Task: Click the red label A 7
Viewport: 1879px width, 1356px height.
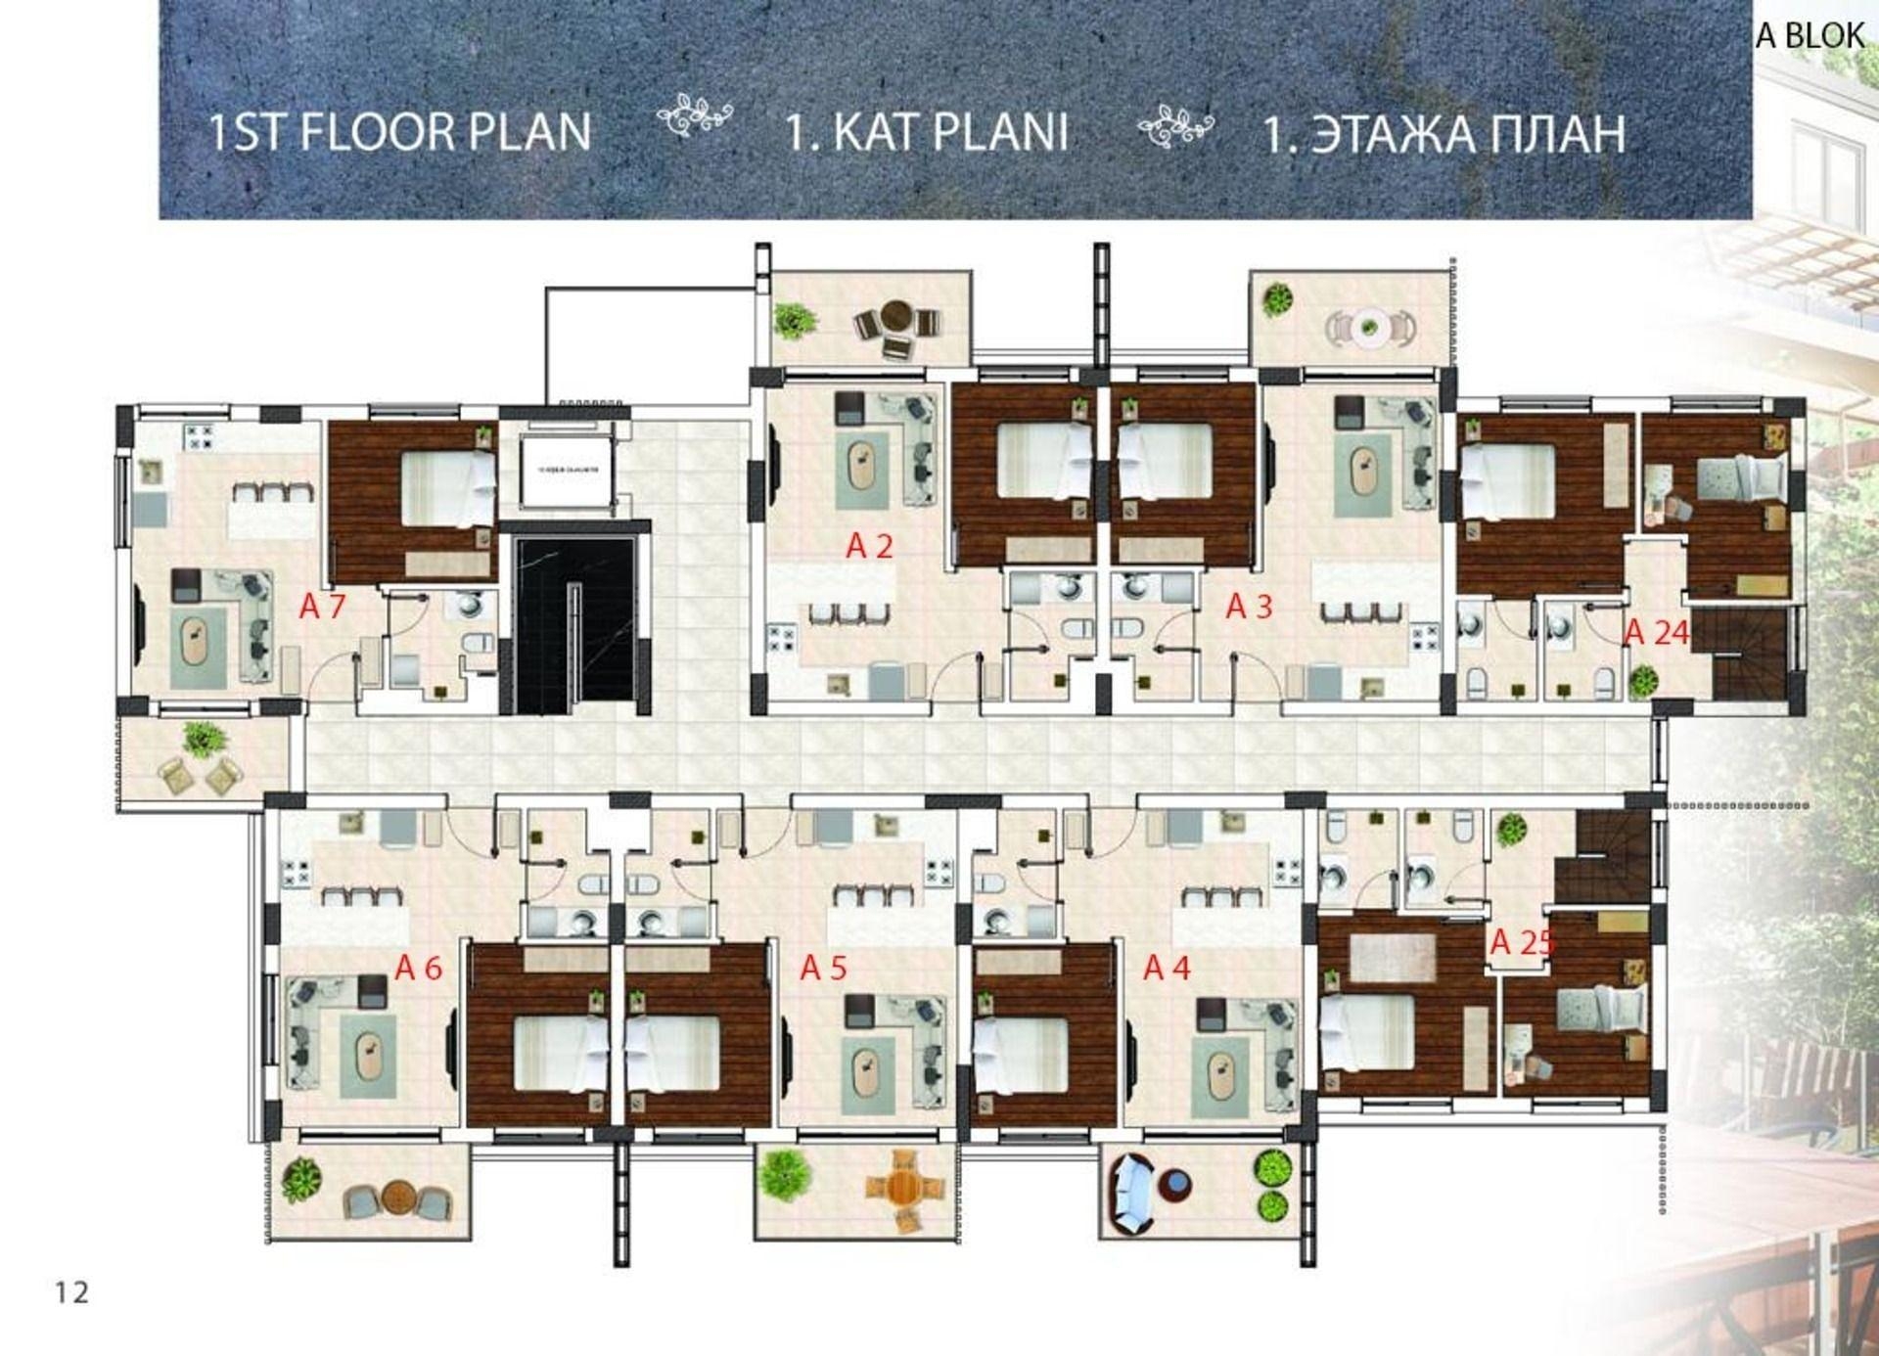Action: [322, 607]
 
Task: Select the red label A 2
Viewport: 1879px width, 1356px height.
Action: [869, 546]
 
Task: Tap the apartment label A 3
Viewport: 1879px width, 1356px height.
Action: [1249, 607]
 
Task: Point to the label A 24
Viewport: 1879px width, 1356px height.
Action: [1656, 633]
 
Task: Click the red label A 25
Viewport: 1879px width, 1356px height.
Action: [1521, 942]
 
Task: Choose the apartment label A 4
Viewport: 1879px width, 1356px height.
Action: [1167, 969]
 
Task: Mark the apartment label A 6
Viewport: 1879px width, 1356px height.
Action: [418, 969]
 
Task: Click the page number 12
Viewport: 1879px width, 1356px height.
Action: [71, 1292]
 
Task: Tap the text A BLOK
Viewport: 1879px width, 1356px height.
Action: [1810, 36]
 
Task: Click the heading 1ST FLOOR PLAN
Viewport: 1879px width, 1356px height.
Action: [400, 132]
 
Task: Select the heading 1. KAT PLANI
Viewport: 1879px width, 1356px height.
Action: [926, 132]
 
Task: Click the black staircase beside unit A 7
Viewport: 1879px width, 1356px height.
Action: [574, 624]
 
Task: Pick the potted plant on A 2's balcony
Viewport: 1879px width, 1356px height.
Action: [794, 319]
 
